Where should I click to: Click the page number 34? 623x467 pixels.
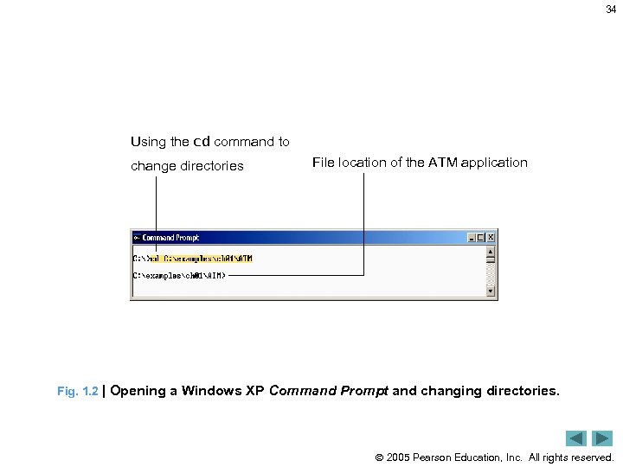click(611, 10)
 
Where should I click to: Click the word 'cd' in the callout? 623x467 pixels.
click(201, 141)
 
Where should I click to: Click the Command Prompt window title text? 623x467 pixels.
click(170, 238)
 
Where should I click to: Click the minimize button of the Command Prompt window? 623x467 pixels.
click(472, 238)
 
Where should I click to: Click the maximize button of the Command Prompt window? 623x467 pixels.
click(482, 238)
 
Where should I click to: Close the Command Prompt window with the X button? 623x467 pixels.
click(491, 238)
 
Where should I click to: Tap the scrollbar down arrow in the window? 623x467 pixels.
click(491, 291)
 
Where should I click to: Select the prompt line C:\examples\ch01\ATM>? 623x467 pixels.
click(179, 276)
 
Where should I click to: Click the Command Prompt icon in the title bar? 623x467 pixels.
click(137, 238)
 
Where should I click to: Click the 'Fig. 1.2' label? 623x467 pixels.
click(77, 392)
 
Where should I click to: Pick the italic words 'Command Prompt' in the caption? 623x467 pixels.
click(329, 391)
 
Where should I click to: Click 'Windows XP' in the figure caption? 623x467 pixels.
click(222, 391)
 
